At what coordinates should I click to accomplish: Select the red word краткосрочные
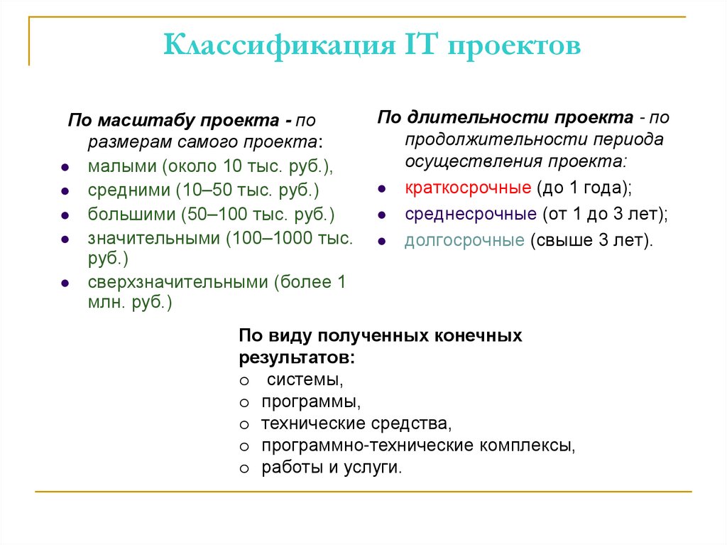[468, 188]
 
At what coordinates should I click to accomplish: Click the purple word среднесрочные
[470, 214]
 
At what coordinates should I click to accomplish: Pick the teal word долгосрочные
[464, 240]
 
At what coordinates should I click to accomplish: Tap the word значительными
[154, 238]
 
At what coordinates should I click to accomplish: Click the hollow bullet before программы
[244, 403]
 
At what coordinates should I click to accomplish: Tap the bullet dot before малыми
[65, 168]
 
